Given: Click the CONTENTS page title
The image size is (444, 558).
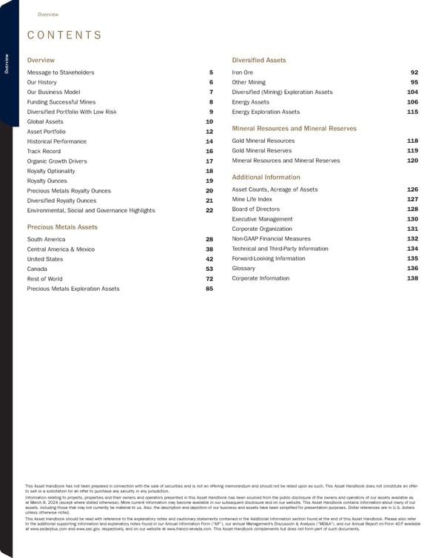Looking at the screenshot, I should [x=64, y=36].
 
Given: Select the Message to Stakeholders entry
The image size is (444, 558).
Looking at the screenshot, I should [x=61, y=73].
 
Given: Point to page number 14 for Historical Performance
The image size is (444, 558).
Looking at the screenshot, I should [x=209, y=141].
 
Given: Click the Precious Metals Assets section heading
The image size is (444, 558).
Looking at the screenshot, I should [x=62, y=226].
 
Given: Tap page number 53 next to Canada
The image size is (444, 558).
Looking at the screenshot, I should [x=209, y=269].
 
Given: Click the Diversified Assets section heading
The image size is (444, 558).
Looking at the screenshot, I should [x=259, y=60].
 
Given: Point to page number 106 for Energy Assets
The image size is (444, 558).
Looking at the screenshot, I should [x=413, y=101].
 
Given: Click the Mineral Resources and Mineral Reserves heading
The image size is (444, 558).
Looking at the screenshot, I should [x=295, y=129].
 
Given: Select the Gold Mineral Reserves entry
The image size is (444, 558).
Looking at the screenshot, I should [x=263, y=150].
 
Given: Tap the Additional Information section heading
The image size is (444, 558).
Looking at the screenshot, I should [x=266, y=178].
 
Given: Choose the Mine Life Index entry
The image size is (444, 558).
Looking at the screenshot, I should [x=252, y=199].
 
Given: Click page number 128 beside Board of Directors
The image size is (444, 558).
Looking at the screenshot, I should [x=413, y=209].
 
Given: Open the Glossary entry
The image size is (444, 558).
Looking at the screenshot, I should [x=243, y=269].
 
